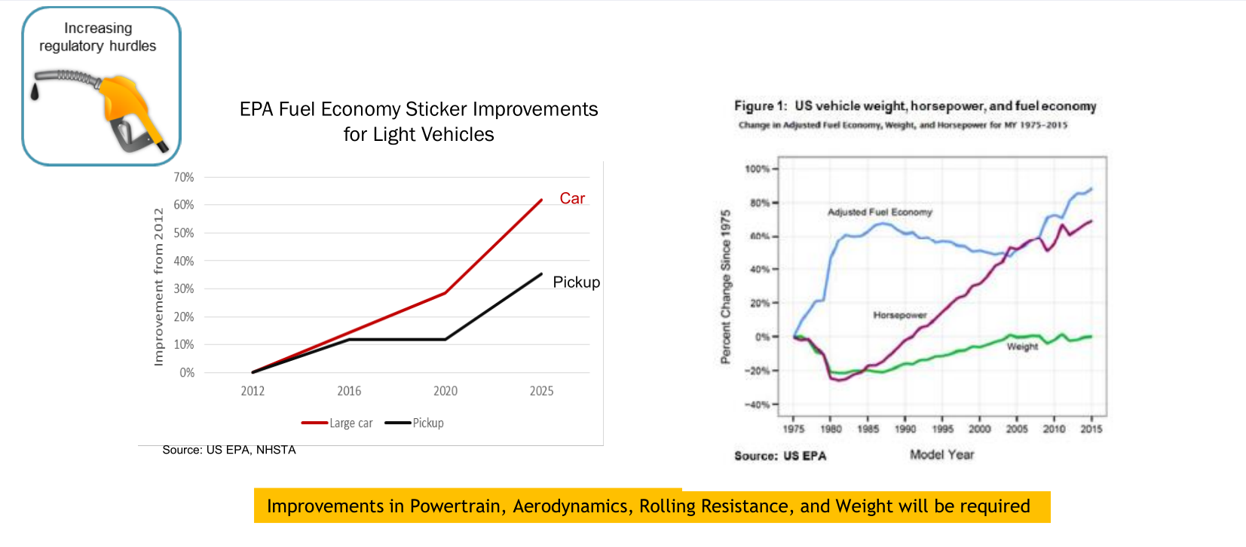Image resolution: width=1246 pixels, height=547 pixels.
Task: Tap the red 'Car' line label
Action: [572, 198]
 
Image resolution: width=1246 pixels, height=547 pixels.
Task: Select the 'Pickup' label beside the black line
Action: [576, 282]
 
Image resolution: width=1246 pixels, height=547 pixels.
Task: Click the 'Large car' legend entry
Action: [351, 423]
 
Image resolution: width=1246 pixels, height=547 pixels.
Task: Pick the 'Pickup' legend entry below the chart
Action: [427, 423]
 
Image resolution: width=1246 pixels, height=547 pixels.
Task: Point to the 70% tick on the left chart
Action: [184, 177]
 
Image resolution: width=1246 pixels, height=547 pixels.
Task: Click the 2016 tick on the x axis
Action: [349, 390]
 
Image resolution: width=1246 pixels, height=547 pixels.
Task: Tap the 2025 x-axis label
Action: [541, 390]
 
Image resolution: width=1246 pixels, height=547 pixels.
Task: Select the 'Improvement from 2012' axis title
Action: [158, 286]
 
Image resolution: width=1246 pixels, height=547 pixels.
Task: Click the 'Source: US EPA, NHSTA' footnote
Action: [229, 450]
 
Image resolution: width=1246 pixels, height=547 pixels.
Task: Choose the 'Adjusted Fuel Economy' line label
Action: [880, 212]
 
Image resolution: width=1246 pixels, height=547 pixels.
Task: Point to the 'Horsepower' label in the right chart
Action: [900, 315]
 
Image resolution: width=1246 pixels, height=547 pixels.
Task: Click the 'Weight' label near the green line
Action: [1022, 347]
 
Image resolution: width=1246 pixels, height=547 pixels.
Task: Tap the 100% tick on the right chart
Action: [757, 169]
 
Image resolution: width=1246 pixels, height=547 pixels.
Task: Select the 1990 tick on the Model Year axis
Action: [905, 429]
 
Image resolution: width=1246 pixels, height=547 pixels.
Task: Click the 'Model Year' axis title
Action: [941, 454]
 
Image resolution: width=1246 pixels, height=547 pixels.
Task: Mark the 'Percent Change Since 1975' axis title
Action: [725, 286]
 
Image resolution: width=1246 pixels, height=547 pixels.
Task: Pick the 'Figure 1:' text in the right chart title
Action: [761, 106]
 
